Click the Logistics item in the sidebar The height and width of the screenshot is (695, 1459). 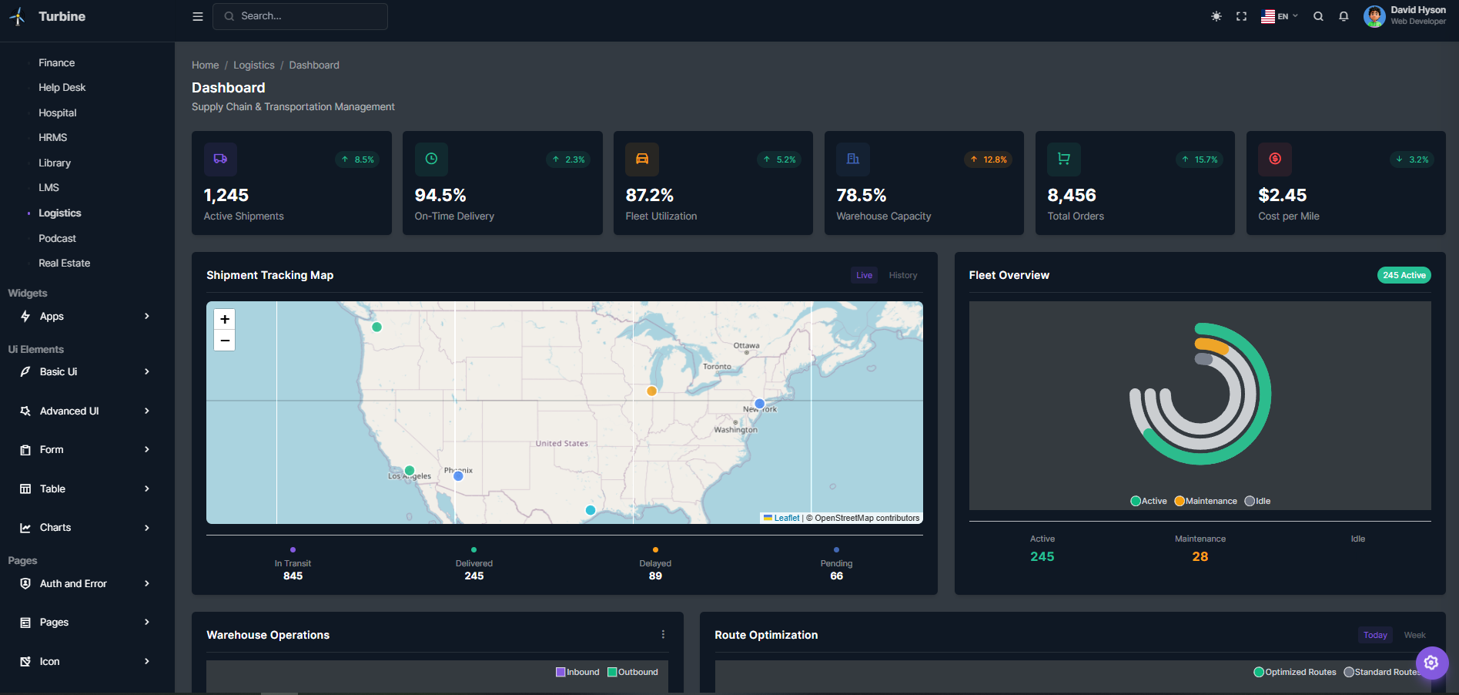(x=60, y=213)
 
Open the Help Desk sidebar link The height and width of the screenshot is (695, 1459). (x=62, y=88)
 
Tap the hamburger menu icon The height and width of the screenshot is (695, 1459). (x=198, y=16)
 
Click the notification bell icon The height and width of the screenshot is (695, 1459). (x=1344, y=16)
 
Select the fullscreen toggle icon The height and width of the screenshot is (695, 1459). (x=1241, y=16)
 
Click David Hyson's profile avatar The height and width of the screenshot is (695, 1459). (x=1374, y=16)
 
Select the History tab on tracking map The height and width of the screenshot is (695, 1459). (x=902, y=275)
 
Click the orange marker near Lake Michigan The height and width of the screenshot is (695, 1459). (x=652, y=391)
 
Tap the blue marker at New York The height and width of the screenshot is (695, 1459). (x=760, y=404)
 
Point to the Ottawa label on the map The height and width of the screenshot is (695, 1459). (x=746, y=345)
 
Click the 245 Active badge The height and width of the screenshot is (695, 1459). (x=1404, y=275)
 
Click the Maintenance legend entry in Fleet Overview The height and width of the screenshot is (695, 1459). (x=1206, y=501)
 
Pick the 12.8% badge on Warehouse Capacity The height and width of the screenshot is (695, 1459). (x=988, y=159)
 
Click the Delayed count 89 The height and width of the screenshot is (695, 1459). (x=655, y=576)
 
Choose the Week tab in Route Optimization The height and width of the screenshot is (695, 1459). (x=1414, y=635)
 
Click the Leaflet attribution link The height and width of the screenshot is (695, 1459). (x=786, y=518)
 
